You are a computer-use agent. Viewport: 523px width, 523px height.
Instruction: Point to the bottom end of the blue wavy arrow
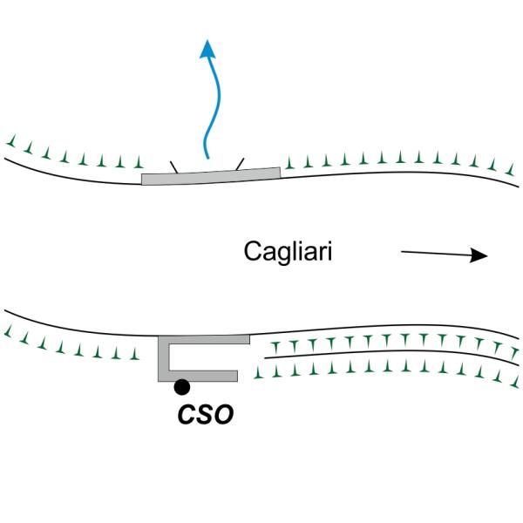point(207,158)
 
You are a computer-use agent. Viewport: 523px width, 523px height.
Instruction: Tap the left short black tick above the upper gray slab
point(173,166)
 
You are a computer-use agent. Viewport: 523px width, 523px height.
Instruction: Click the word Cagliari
point(289,254)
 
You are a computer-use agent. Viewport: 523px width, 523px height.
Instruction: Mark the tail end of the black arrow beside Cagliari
point(402,252)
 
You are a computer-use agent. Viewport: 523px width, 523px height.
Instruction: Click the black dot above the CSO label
point(181,386)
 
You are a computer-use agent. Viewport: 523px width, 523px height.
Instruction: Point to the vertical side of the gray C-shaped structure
point(163,357)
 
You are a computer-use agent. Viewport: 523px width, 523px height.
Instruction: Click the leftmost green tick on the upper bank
point(10,140)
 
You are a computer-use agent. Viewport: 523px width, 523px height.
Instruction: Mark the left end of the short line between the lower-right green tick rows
point(264,358)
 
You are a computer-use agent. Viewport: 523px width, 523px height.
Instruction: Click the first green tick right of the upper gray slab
point(289,164)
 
